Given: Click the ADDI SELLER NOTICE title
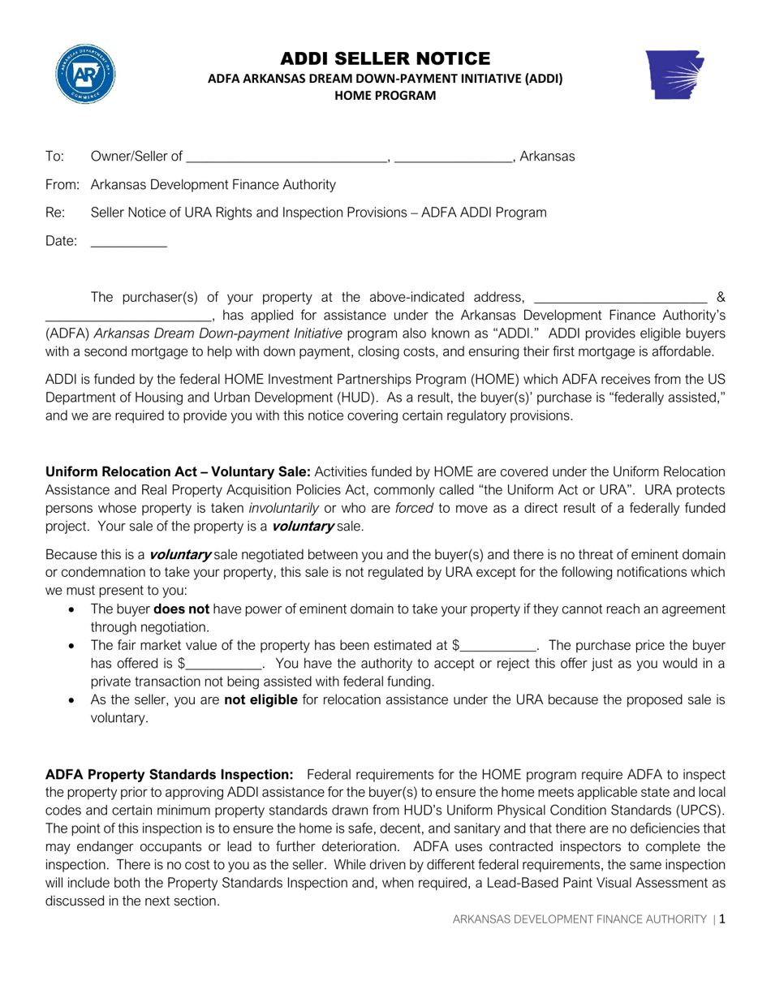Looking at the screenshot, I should click(x=385, y=58).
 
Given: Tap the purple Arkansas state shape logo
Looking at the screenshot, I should click(x=675, y=75).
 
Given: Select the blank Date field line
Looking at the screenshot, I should click(x=128, y=242).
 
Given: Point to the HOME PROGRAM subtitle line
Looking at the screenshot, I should click(x=385, y=96).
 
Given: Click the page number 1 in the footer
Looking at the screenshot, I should click(x=721, y=919).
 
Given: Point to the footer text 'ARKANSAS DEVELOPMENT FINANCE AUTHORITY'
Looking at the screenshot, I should click(x=579, y=919).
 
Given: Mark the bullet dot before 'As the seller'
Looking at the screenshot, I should click(x=74, y=700).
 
